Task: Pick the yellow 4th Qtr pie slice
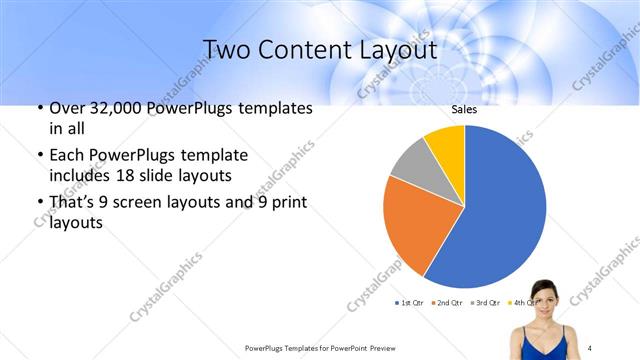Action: [x=446, y=144]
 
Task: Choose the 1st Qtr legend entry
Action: [x=411, y=302]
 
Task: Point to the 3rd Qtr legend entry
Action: [x=485, y=302]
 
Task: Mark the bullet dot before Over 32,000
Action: [x=38, y=109]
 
